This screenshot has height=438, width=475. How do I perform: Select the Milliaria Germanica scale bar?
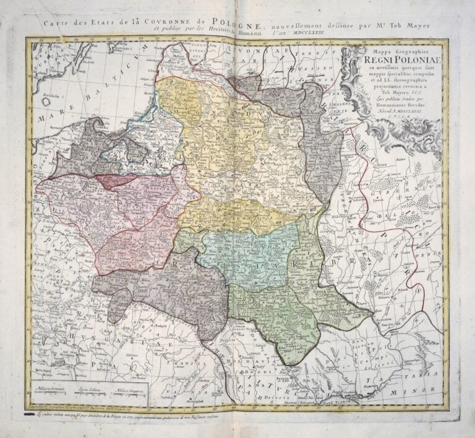[x=54, y=390]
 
